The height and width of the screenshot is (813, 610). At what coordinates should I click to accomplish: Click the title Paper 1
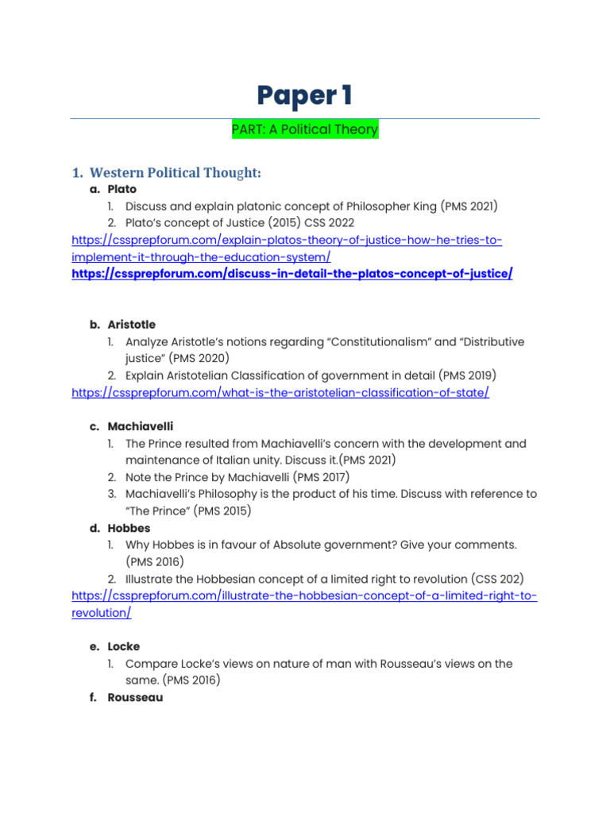coord(305,95)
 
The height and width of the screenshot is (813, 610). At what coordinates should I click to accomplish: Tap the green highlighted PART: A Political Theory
coord(305,129)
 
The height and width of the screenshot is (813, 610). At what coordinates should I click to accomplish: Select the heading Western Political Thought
coord(176,172)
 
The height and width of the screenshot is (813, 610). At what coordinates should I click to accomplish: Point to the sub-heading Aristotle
coord(131,325)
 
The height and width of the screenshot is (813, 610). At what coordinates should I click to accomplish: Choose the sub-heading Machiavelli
coord(140,426)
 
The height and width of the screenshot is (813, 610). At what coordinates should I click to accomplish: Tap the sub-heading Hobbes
coord(129,528)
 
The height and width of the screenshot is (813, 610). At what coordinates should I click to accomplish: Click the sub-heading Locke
coord(123,646)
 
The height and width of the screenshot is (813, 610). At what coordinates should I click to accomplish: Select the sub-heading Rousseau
coord(135,698)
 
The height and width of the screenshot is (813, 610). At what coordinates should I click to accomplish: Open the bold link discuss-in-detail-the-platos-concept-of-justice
coord(292,274)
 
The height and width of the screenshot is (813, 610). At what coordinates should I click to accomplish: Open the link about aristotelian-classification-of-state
coord(280,393)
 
